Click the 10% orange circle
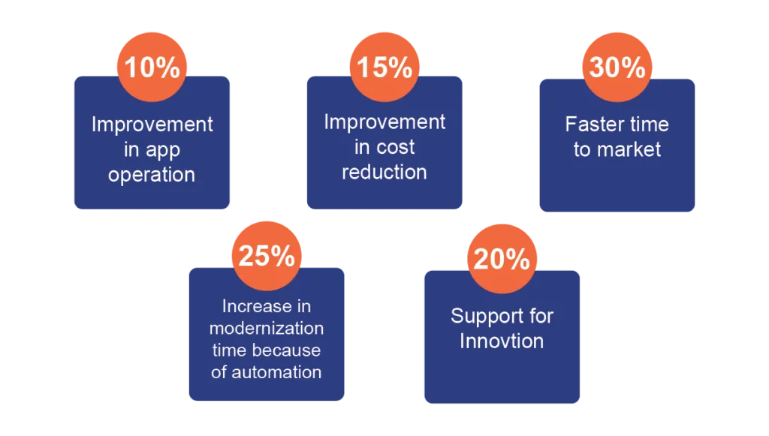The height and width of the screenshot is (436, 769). coord(152,67)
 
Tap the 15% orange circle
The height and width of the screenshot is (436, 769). coord(384,67)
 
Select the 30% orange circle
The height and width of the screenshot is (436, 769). coord(617,67)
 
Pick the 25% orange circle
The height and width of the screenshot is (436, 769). coord(267,256)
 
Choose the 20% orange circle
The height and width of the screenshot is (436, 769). coord(502,259)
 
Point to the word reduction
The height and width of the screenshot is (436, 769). coord(384,172)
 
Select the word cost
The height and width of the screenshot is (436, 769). coord(395,147)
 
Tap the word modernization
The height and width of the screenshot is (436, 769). coord(267,328)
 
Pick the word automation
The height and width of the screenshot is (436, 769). coord(276,372)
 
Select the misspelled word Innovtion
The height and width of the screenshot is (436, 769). coord(502,341)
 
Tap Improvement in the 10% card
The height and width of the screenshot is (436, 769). coord(152,125)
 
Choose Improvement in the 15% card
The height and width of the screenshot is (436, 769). coord(384,122)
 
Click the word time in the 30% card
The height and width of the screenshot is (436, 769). coord(650,124)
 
